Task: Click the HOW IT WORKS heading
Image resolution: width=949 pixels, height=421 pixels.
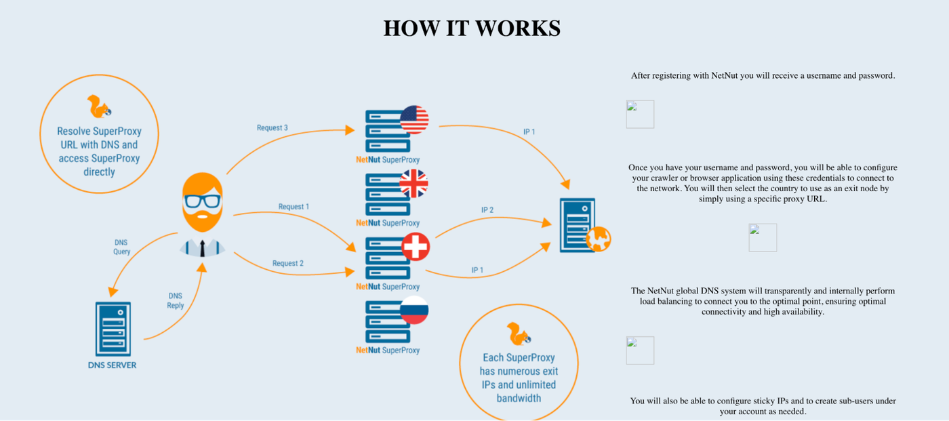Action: click(472, 28)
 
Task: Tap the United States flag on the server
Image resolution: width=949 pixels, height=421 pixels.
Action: click(414, 120)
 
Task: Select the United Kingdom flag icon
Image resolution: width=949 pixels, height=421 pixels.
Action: click(414, 184)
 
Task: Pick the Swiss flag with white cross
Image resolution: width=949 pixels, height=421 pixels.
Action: click(416, 247)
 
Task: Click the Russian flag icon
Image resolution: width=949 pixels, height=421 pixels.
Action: click(414, 310)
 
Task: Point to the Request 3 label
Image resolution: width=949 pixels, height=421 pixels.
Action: click(272, 128)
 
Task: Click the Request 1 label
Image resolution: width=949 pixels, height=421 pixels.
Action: click(294, 207)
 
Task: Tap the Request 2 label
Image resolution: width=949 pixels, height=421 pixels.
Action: click(287, 264)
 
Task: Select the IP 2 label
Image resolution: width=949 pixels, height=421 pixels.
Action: click(487, 210)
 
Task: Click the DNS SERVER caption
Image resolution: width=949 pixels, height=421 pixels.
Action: click(113, 365)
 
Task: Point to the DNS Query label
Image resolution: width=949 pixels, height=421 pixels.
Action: click(121, 247)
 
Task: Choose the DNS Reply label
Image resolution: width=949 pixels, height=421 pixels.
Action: click(176, 301)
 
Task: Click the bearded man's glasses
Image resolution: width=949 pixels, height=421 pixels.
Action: click(203, 201)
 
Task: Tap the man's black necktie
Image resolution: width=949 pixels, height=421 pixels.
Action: click(203, 248)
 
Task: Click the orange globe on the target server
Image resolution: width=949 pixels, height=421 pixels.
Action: click(598, 239)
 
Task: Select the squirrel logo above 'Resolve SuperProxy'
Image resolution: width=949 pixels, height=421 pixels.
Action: click(99, 106)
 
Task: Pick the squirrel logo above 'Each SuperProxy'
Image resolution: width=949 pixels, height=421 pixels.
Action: click(519, 334)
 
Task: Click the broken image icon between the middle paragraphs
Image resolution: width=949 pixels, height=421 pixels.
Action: click(763, 237)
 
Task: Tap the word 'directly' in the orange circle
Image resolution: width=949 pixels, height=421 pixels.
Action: click(99, 172)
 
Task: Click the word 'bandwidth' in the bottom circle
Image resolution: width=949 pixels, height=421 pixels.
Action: click(519, 398)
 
